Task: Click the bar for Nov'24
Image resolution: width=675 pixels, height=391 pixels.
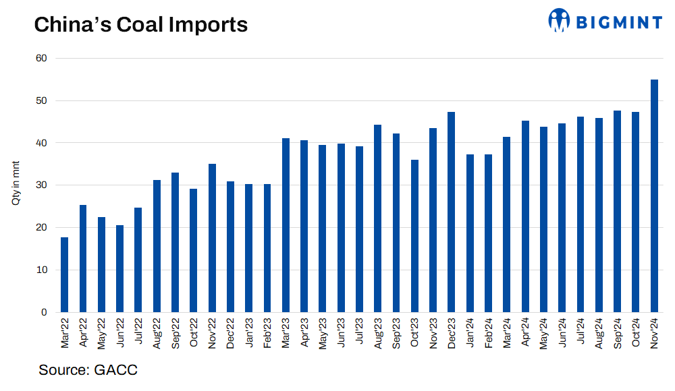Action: pyautogui.click(x=654, y=195)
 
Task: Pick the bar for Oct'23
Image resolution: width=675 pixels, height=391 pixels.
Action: pyautogui.click(x=414, y=236)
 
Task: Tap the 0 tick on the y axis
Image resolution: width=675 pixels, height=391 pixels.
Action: pyautogui.click(x=44, y=312)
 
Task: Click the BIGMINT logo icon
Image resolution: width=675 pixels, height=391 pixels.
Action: pyautogui.click(x=559, y=20)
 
